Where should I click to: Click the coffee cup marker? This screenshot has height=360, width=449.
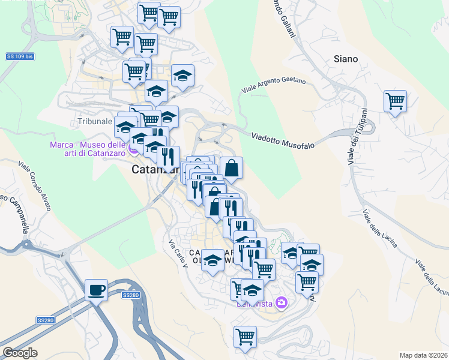point(96,290)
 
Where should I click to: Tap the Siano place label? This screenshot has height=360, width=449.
point(346,59)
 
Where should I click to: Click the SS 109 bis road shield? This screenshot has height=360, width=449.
point(19,56)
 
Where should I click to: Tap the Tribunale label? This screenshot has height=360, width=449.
point(95,121)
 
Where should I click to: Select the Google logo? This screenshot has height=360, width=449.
point(20,353)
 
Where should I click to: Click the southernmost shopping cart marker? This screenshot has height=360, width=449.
point(245,338)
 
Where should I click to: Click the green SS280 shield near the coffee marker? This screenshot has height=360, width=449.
point(130,295)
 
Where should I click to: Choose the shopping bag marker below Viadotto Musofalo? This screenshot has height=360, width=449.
point(231,168)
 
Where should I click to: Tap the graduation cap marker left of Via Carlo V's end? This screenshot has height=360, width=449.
point(212,260)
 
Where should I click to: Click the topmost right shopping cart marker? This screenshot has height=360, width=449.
point(169,17)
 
